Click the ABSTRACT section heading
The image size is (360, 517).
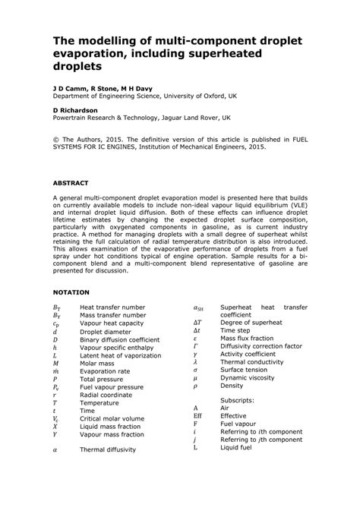click(x=71, y=183)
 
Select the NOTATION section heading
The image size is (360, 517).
click(x=71, y=292)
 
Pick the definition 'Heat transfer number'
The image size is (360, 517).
click(x=112, y=307)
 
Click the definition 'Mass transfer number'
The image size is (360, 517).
click(x=112, y=316)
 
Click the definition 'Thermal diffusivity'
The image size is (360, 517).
click(x=108, y=449)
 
